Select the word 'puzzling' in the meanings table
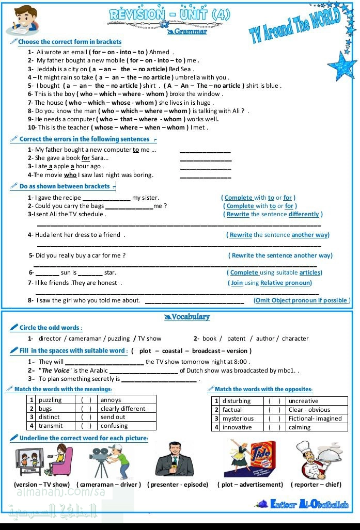pyautogui.click(x=50, y=399)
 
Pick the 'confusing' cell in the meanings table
pyautogui.click(x=114, y=426)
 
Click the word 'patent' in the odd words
pyautogui.click(x=236, y=339)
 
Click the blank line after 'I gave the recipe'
pyautogui.click(x=106, y=198)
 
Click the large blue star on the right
pyautogui.click(x=342, y=65)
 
